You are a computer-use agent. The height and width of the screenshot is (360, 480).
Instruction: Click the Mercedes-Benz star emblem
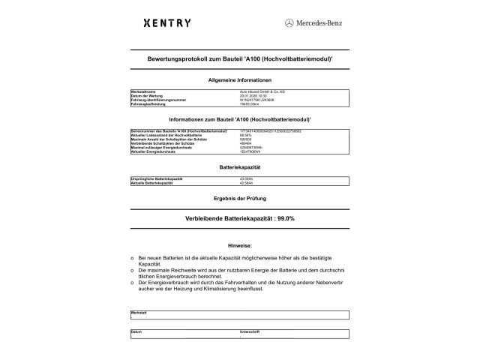[289, 23]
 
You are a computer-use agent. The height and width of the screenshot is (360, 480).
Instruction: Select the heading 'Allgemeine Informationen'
[240, 79]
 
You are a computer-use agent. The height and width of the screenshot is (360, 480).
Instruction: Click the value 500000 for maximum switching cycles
[247, 139]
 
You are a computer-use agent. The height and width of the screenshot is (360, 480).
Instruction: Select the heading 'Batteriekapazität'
[240, 166]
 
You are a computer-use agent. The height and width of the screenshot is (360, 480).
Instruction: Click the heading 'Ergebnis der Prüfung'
[240, 197]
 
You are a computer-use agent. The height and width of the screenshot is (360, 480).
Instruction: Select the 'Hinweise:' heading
[240, 245]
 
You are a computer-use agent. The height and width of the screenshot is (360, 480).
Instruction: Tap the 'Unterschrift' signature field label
[249, 331]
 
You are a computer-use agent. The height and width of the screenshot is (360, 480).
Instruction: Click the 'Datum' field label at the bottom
[136, 331]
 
